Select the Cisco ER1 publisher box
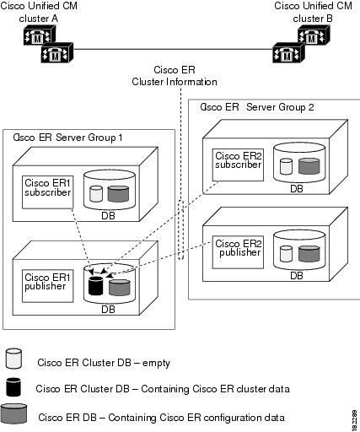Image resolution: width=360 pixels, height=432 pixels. (46, 282)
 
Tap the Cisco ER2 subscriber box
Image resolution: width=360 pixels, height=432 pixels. (238, 160)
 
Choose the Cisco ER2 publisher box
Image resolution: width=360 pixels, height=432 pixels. (238, 246)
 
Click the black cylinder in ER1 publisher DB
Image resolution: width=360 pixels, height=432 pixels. (94, 285)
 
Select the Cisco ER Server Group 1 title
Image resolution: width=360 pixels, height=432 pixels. (63, 138)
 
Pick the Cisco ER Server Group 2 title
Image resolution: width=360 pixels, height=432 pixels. (256, 108)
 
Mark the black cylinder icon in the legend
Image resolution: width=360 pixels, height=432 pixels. (13, 387)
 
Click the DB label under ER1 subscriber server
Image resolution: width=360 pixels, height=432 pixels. (109, 215)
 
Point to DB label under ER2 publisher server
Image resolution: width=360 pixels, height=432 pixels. (297, 275)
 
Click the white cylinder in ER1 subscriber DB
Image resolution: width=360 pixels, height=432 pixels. (94, 193)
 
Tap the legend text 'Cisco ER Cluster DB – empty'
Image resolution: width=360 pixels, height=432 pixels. (104, 363)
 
